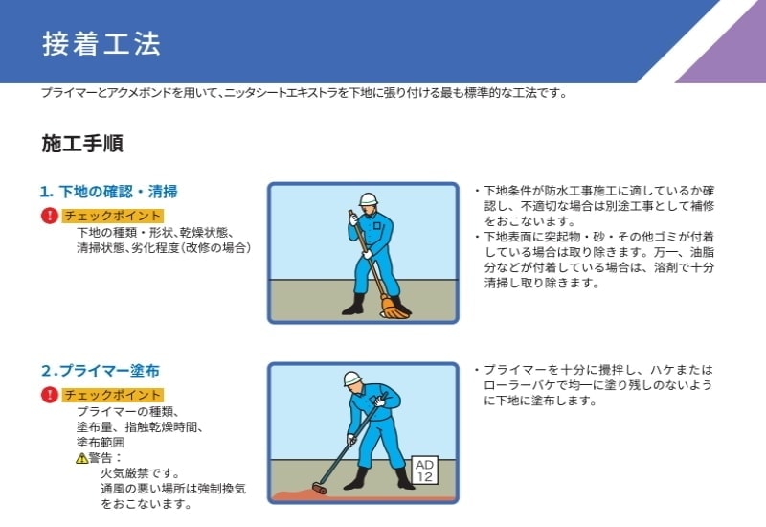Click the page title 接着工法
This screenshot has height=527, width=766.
click(101, 43)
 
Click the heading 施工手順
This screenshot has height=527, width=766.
click(82, 143)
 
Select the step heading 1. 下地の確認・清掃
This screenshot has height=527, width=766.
click(109, 191)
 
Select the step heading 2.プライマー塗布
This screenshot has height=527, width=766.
click(101, 371)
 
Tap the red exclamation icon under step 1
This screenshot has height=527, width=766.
click(50, 215)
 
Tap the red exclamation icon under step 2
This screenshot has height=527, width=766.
click(50, 395)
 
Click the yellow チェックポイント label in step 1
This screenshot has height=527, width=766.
click(112, 216)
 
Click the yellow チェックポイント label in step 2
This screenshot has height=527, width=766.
click(112, 395)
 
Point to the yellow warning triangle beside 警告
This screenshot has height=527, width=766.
click(81, 459)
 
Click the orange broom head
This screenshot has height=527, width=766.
click(394, 308)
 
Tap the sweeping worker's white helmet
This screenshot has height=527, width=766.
click(369, 199)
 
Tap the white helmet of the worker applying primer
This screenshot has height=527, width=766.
click(352, 378)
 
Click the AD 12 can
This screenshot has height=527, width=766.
click(424, 470)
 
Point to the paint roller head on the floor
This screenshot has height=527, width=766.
click(320, 488)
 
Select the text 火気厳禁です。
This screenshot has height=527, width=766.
click(141, 473)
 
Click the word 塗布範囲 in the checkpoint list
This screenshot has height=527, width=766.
click(101, 443)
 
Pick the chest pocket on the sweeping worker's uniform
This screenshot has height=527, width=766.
click(377, 226)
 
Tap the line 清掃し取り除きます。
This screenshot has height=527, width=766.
click(541, 283)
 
